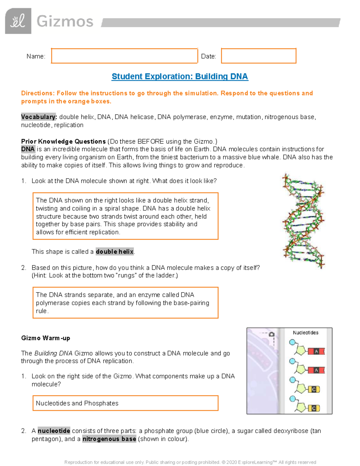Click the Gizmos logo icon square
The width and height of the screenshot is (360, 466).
coord(18,21)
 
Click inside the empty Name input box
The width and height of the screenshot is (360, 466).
coord(124,56)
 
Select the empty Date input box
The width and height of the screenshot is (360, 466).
coord(259,56)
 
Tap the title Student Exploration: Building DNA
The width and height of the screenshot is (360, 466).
coord(180,77)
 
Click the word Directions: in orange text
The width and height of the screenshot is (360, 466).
coord(37,93)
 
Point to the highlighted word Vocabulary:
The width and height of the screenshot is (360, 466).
coord(39,117)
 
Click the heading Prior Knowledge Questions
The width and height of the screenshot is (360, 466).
coord(63,141)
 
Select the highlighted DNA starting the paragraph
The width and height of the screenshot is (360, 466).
coord(28,149)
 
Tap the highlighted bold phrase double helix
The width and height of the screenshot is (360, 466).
coord(115,252)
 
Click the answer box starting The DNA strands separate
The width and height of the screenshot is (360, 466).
coord(125,303)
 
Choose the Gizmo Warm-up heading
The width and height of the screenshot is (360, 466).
coord(46,338)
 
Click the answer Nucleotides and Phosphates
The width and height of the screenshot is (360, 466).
coord(77,403)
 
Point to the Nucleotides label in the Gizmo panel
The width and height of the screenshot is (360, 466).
coord(305,332)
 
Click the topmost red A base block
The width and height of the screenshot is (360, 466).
coord(316,351)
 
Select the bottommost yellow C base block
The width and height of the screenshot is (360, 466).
coord(314,408)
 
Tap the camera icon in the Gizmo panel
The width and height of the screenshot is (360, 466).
coord(271,334)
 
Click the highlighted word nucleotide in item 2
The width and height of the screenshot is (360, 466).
coord(54,431)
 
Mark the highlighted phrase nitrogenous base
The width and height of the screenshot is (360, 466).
coord(109,439)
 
